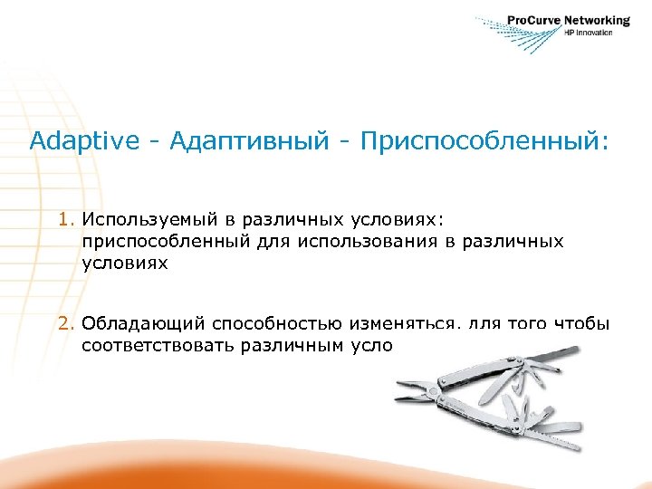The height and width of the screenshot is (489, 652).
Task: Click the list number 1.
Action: (65, 219)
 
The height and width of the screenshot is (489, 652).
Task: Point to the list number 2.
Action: (65, 323)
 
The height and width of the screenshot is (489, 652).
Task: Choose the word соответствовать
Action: (158, 345)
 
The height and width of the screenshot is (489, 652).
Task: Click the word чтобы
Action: (579, 323)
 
